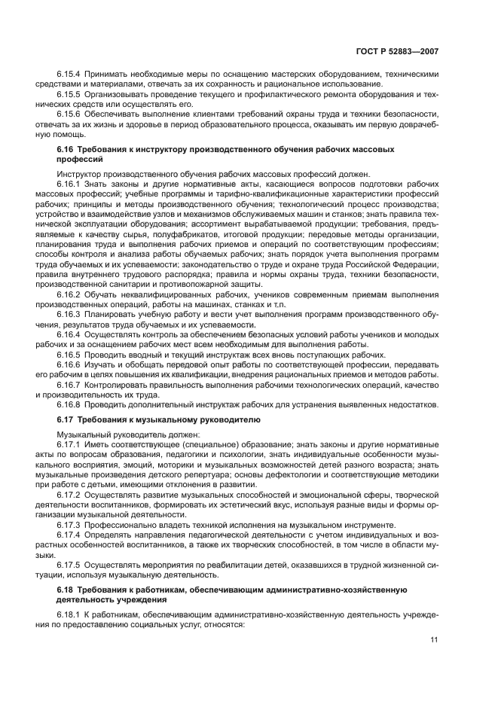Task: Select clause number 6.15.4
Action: [x=69, y=75]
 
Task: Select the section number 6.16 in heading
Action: [x=66, y=149]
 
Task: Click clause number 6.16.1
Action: [x=69, y=184]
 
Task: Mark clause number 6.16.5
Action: [x=69, y=355]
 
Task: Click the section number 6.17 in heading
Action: [x=66, y=419]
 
